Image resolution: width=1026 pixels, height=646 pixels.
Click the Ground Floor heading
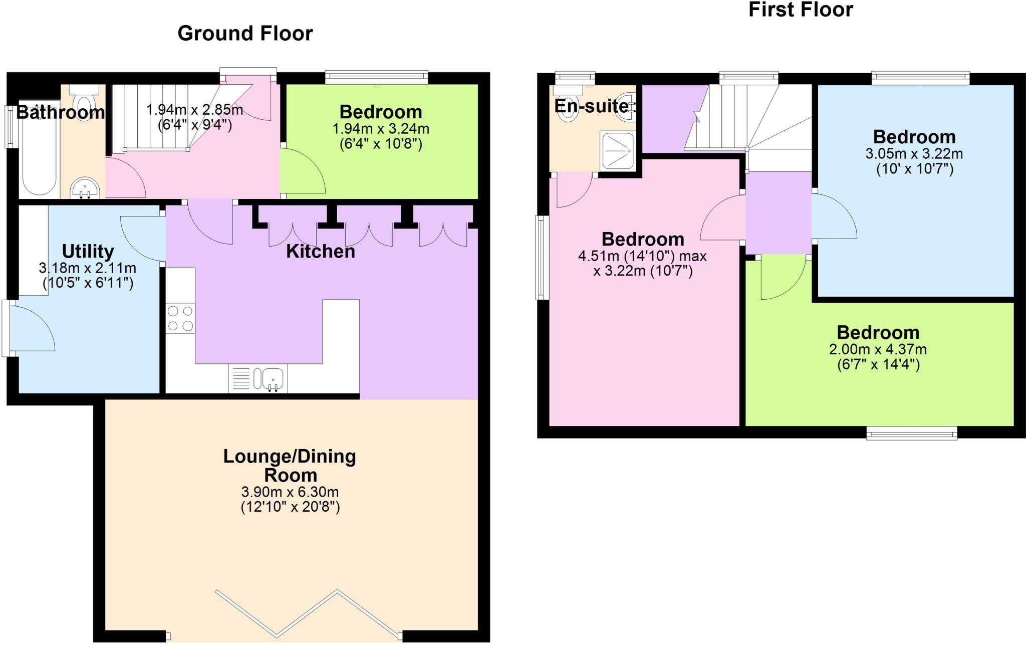click(245, 34)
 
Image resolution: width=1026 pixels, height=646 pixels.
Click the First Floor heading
click(800, 10)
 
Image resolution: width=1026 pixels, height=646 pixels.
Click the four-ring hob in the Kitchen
click(180, 319)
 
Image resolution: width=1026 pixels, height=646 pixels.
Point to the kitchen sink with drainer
click(258, 379)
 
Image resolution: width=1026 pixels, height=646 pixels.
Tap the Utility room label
click(88, 251)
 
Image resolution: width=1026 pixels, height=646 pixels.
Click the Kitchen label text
click(320, 251)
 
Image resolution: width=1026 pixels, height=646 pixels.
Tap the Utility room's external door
click(30, 329)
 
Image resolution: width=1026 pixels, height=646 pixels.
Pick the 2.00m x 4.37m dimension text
click(878, 349)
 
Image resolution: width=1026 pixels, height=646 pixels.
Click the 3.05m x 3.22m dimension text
click(914, 153)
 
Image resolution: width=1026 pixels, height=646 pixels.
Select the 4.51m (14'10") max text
click(642, 256)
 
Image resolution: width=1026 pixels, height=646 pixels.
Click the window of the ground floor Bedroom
click(376, 77)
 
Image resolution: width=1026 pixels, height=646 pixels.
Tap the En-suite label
click(591, 106)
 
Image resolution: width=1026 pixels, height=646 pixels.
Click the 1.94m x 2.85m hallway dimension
click(194, 109)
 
